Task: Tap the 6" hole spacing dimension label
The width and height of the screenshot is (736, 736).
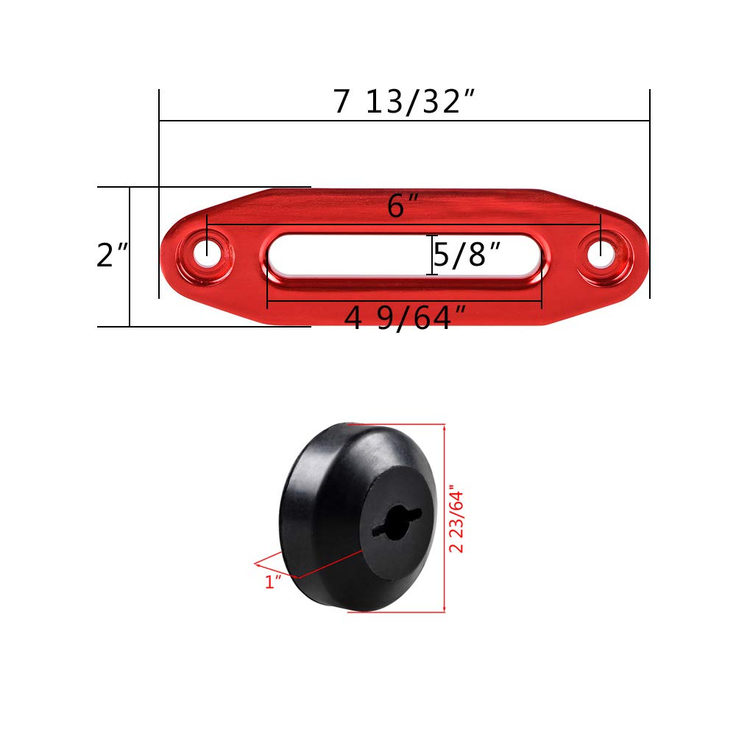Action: point(397,207)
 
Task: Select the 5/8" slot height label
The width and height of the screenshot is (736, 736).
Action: point(468,255)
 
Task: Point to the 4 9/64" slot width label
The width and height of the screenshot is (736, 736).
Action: point(406,319)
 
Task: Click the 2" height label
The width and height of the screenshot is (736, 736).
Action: point(112,255)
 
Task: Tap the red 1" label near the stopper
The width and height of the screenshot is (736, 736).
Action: point(274,581)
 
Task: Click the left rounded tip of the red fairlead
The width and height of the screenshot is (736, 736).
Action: point(166,254)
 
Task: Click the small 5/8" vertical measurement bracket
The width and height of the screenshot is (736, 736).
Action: point(432,255)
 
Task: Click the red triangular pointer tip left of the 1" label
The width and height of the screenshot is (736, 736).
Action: point(256,563)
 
